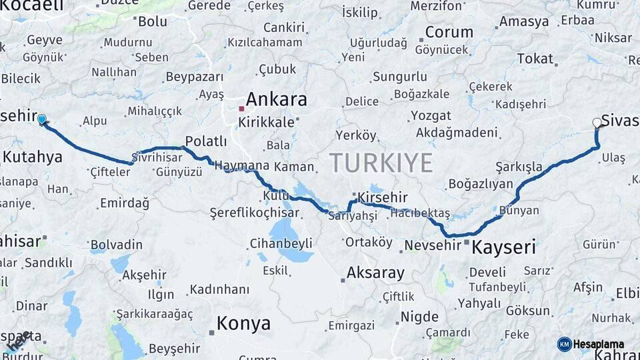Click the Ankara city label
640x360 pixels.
[277, 100]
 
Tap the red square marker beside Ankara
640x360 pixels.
[241, 108]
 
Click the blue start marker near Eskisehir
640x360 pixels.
[42, 119]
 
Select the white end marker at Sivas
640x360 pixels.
[597, 122]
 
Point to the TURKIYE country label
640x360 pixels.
[381, 163]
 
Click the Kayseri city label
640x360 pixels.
[503, 248]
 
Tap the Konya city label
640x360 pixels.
[243, 324]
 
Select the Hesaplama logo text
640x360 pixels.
[599, 344]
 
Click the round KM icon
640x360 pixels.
[565, 344]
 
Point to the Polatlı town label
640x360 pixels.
[206, 141]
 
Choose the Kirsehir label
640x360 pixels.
[382, 197]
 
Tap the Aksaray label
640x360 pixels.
[375, 273]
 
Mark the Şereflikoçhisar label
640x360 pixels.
[255, 213]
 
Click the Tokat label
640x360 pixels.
[535, 59]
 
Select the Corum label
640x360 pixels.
[449, 32]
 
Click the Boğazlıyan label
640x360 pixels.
[481, 184]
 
